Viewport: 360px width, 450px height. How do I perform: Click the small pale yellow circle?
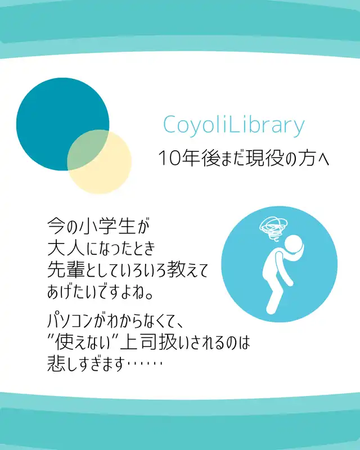[100, 161]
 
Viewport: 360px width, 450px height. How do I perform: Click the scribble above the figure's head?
[273, 229]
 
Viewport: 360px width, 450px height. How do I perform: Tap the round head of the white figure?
[293, 244]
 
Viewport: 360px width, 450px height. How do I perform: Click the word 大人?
[66, 248]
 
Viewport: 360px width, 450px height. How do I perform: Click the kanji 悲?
[57, 363]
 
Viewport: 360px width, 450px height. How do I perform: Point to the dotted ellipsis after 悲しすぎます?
[145, 363]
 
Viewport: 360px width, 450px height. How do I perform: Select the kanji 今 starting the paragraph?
[56, 227]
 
